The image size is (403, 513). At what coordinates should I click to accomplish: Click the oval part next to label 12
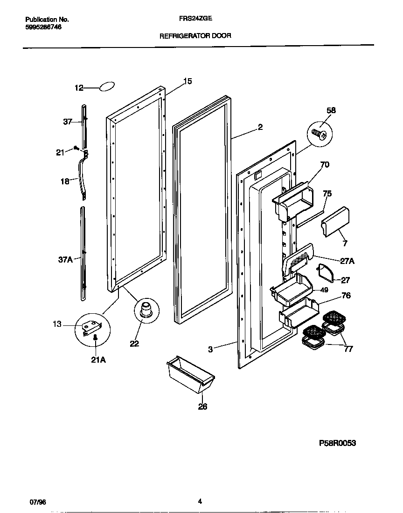click(x=107, y=87)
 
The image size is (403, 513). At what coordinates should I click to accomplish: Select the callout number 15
click(x=187, y=81)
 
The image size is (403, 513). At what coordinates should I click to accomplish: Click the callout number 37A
click(x=65, y=260)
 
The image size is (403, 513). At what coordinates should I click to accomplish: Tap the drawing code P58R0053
click(x=337, y=443)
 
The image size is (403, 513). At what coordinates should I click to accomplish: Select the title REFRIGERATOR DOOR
click(x=195, y=35)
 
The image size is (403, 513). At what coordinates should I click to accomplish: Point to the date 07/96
click(x=38, y=502)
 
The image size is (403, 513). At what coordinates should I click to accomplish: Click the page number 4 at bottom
click(x=200, y=501)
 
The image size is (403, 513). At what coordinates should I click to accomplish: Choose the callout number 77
click(x=348, y=349)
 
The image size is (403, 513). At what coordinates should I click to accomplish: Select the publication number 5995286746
click(x=43, y=27)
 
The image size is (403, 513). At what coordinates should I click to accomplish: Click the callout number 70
click(x=325, y=164)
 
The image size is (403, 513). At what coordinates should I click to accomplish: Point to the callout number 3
click(x=210, y=349)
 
